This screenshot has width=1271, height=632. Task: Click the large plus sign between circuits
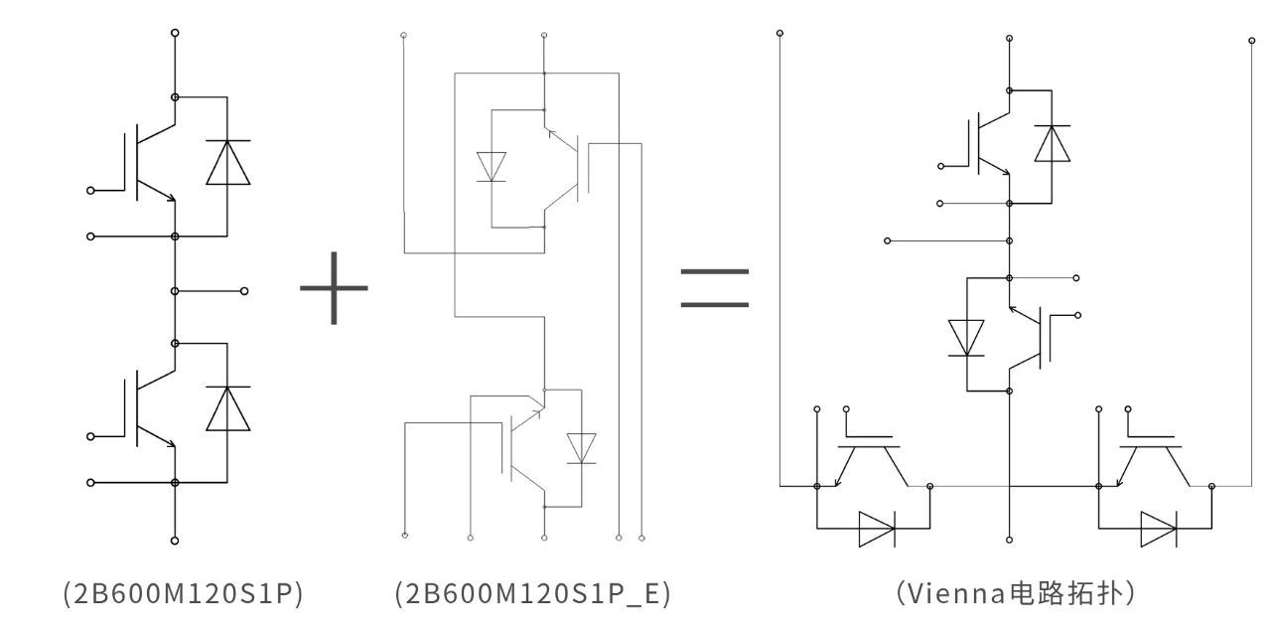[334, 288]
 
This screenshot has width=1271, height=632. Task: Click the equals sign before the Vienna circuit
[714, 288]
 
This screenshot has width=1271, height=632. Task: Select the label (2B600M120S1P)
[183, 594]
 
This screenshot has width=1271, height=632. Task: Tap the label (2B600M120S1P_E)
[533, 594]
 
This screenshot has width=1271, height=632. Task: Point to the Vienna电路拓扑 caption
[1015, 593]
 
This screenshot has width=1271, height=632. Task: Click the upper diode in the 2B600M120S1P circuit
[227, 162]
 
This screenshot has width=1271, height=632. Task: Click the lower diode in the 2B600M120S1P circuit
[227, 408]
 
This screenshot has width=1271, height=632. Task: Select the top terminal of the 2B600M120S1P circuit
[175, 33]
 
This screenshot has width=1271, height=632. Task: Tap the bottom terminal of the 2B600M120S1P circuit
[175, 541]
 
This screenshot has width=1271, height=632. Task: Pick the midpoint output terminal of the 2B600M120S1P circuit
[244, 291]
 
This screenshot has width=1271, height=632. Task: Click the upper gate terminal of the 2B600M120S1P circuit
[90, 191]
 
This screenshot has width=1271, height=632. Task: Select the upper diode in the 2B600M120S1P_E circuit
[492, 167]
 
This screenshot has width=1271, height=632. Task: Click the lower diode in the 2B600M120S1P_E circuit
[582, 448]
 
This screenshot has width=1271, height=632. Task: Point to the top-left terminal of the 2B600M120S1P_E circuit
[403, 35]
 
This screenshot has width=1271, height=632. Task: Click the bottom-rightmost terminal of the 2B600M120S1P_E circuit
[641, 538]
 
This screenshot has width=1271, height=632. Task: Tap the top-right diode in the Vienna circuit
[1052, 143]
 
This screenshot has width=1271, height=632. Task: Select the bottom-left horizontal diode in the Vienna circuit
[877, 530]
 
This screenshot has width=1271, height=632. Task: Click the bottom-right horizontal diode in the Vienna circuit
[1158, 530]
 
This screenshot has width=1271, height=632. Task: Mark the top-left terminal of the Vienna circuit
[780, 34]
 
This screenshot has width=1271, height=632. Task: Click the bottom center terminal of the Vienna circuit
[1009, 540]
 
